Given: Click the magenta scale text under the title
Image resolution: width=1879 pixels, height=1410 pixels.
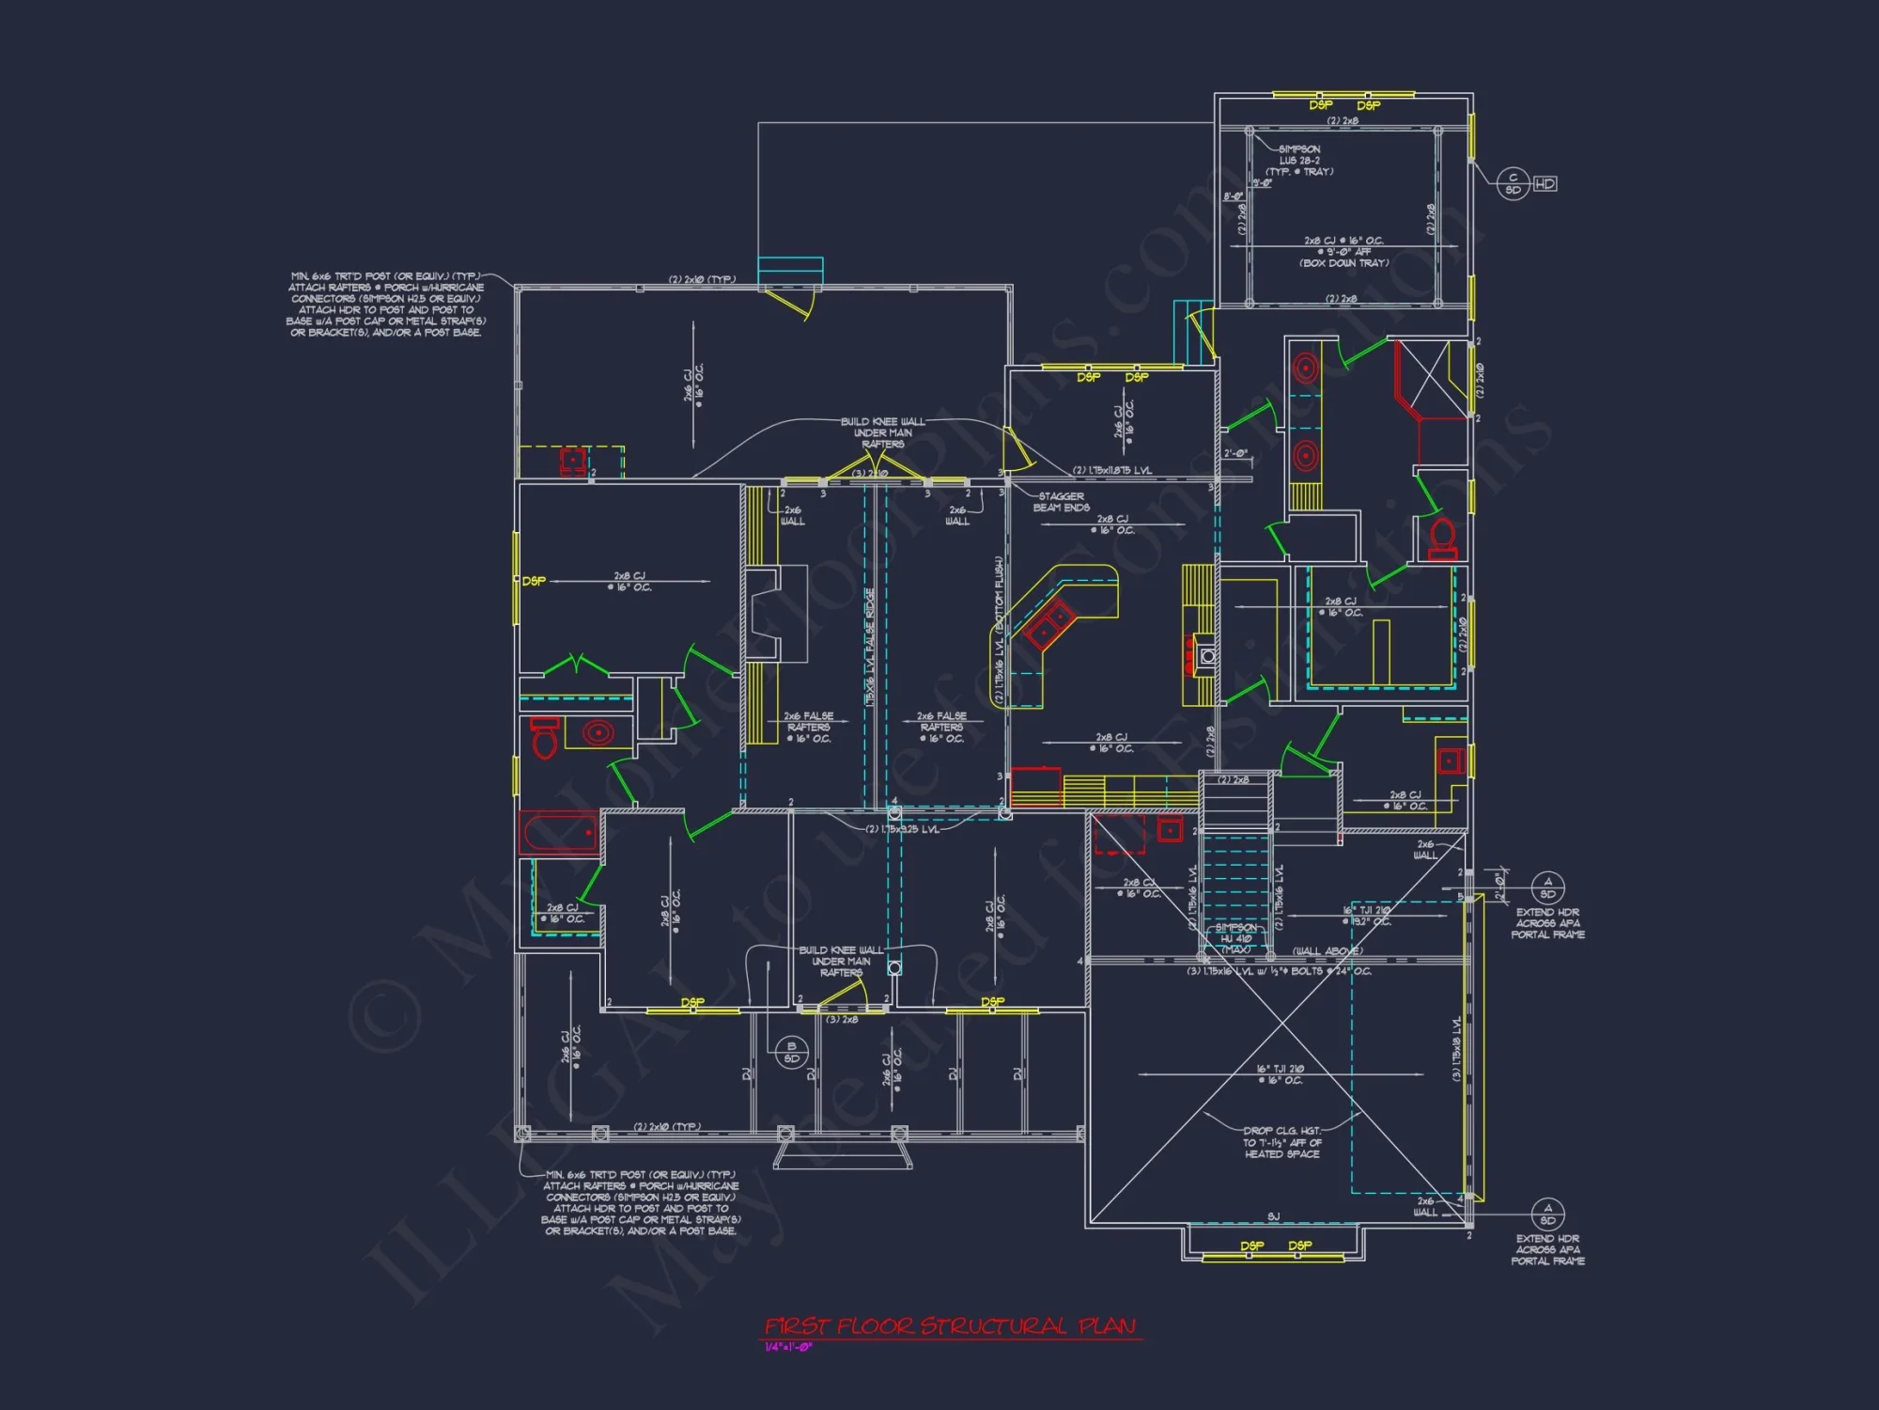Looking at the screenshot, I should click(x=787, y=1347).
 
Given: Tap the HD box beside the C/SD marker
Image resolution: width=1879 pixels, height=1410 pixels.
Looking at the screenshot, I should click(x=1545, y=183).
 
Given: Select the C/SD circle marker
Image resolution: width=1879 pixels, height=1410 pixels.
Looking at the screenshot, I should click(x=1513, y=183).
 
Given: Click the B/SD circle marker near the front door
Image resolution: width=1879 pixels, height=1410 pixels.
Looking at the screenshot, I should click(x=791, y=1052).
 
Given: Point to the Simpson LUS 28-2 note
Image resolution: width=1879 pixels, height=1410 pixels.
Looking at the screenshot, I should click(x=1300, y=160).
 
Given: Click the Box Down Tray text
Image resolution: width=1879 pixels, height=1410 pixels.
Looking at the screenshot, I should click(x=1343, y=263).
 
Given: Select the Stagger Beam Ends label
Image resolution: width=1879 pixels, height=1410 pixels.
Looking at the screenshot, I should click(x=1062, y=502).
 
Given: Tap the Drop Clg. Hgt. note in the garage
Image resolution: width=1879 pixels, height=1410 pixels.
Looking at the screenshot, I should click(x=1282, y=1142).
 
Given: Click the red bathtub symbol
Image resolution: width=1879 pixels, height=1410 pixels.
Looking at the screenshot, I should click(x=560, y=833).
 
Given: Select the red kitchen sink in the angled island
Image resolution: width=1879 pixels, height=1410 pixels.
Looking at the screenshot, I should click(x=1050, y=624).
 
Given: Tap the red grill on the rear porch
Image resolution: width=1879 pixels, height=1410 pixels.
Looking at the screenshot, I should click(x=572, y=462).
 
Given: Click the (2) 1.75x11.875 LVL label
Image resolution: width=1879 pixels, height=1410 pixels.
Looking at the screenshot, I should click(x=1112, y=470).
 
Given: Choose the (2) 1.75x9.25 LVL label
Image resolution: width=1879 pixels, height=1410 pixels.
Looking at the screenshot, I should click(x=902, y=829).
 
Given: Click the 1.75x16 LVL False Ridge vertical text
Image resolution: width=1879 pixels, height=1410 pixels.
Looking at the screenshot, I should click(x=870, y=649).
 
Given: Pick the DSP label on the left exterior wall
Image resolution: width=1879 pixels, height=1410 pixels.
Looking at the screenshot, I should click(x=534, y=581).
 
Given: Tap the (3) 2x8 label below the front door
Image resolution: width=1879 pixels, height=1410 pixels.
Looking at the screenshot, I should click(x=842, y=1019).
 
